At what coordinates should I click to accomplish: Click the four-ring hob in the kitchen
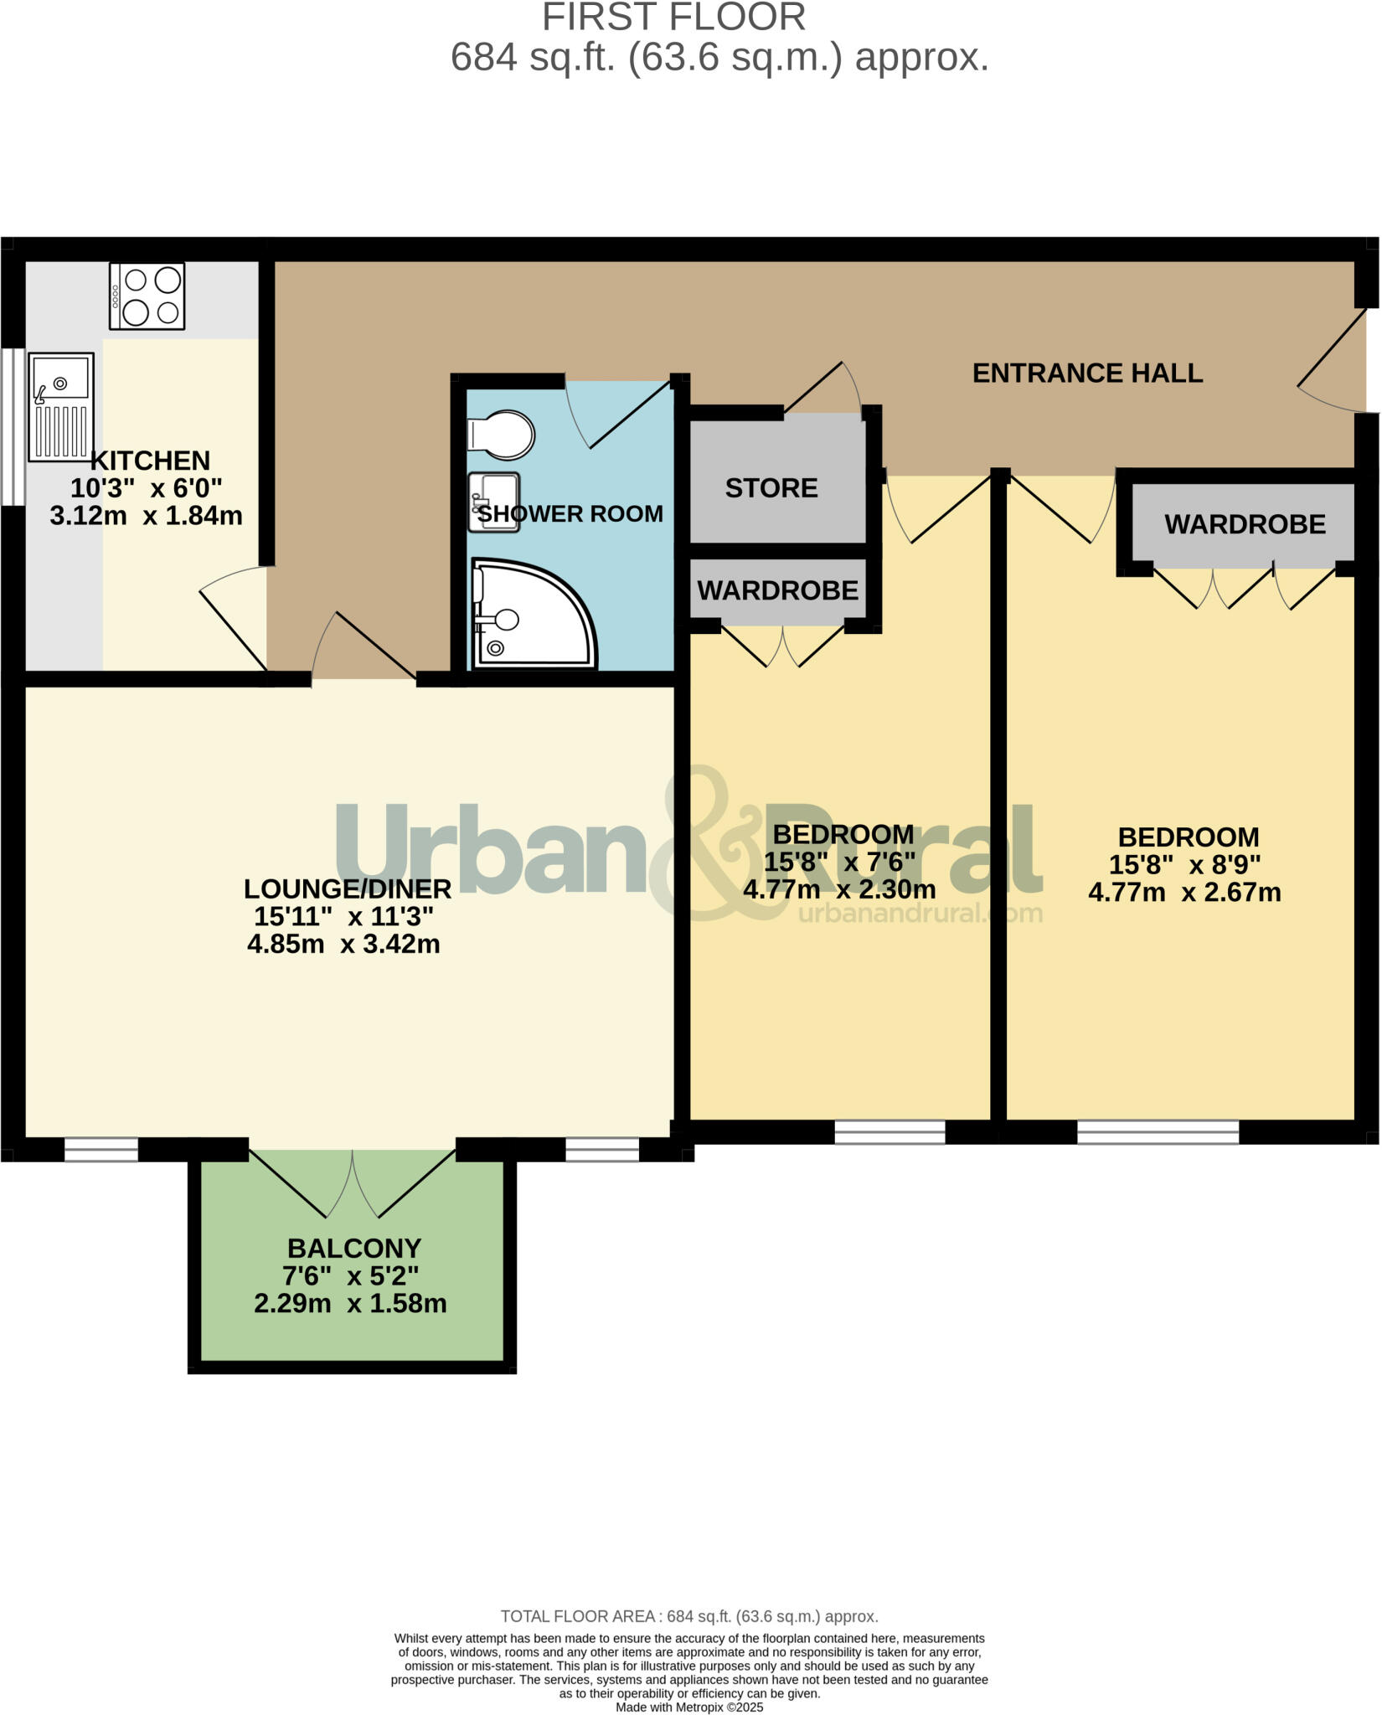tap(147, 296)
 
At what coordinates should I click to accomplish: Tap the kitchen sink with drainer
tap(61, 406)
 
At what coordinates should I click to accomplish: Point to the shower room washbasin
tap(493, 502)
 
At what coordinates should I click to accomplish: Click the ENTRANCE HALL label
tap(1087, 373)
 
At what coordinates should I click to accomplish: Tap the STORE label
tap(771, 487)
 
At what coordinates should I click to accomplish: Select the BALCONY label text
tap(353, 1248)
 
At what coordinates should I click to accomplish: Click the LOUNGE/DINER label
tap(347, 888)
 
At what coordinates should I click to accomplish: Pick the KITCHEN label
tap(150, 461)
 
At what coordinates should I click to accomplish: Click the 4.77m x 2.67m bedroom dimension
tap(1184, 893)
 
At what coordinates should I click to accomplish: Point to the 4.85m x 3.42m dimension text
tap(343, 945)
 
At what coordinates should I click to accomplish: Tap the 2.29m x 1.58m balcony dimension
tap(350, 1304)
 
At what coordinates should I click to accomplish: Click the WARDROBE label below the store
tap(777, 590)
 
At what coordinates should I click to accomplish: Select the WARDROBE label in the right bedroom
tap(1245, 524)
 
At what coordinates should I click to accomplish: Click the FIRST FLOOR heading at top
tap(673, 17)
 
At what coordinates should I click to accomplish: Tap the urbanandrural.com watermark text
tap(920, 913)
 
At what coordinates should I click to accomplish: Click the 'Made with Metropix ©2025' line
tap(689, 1707)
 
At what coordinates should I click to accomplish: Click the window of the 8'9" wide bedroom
tap(1158, 1132)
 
